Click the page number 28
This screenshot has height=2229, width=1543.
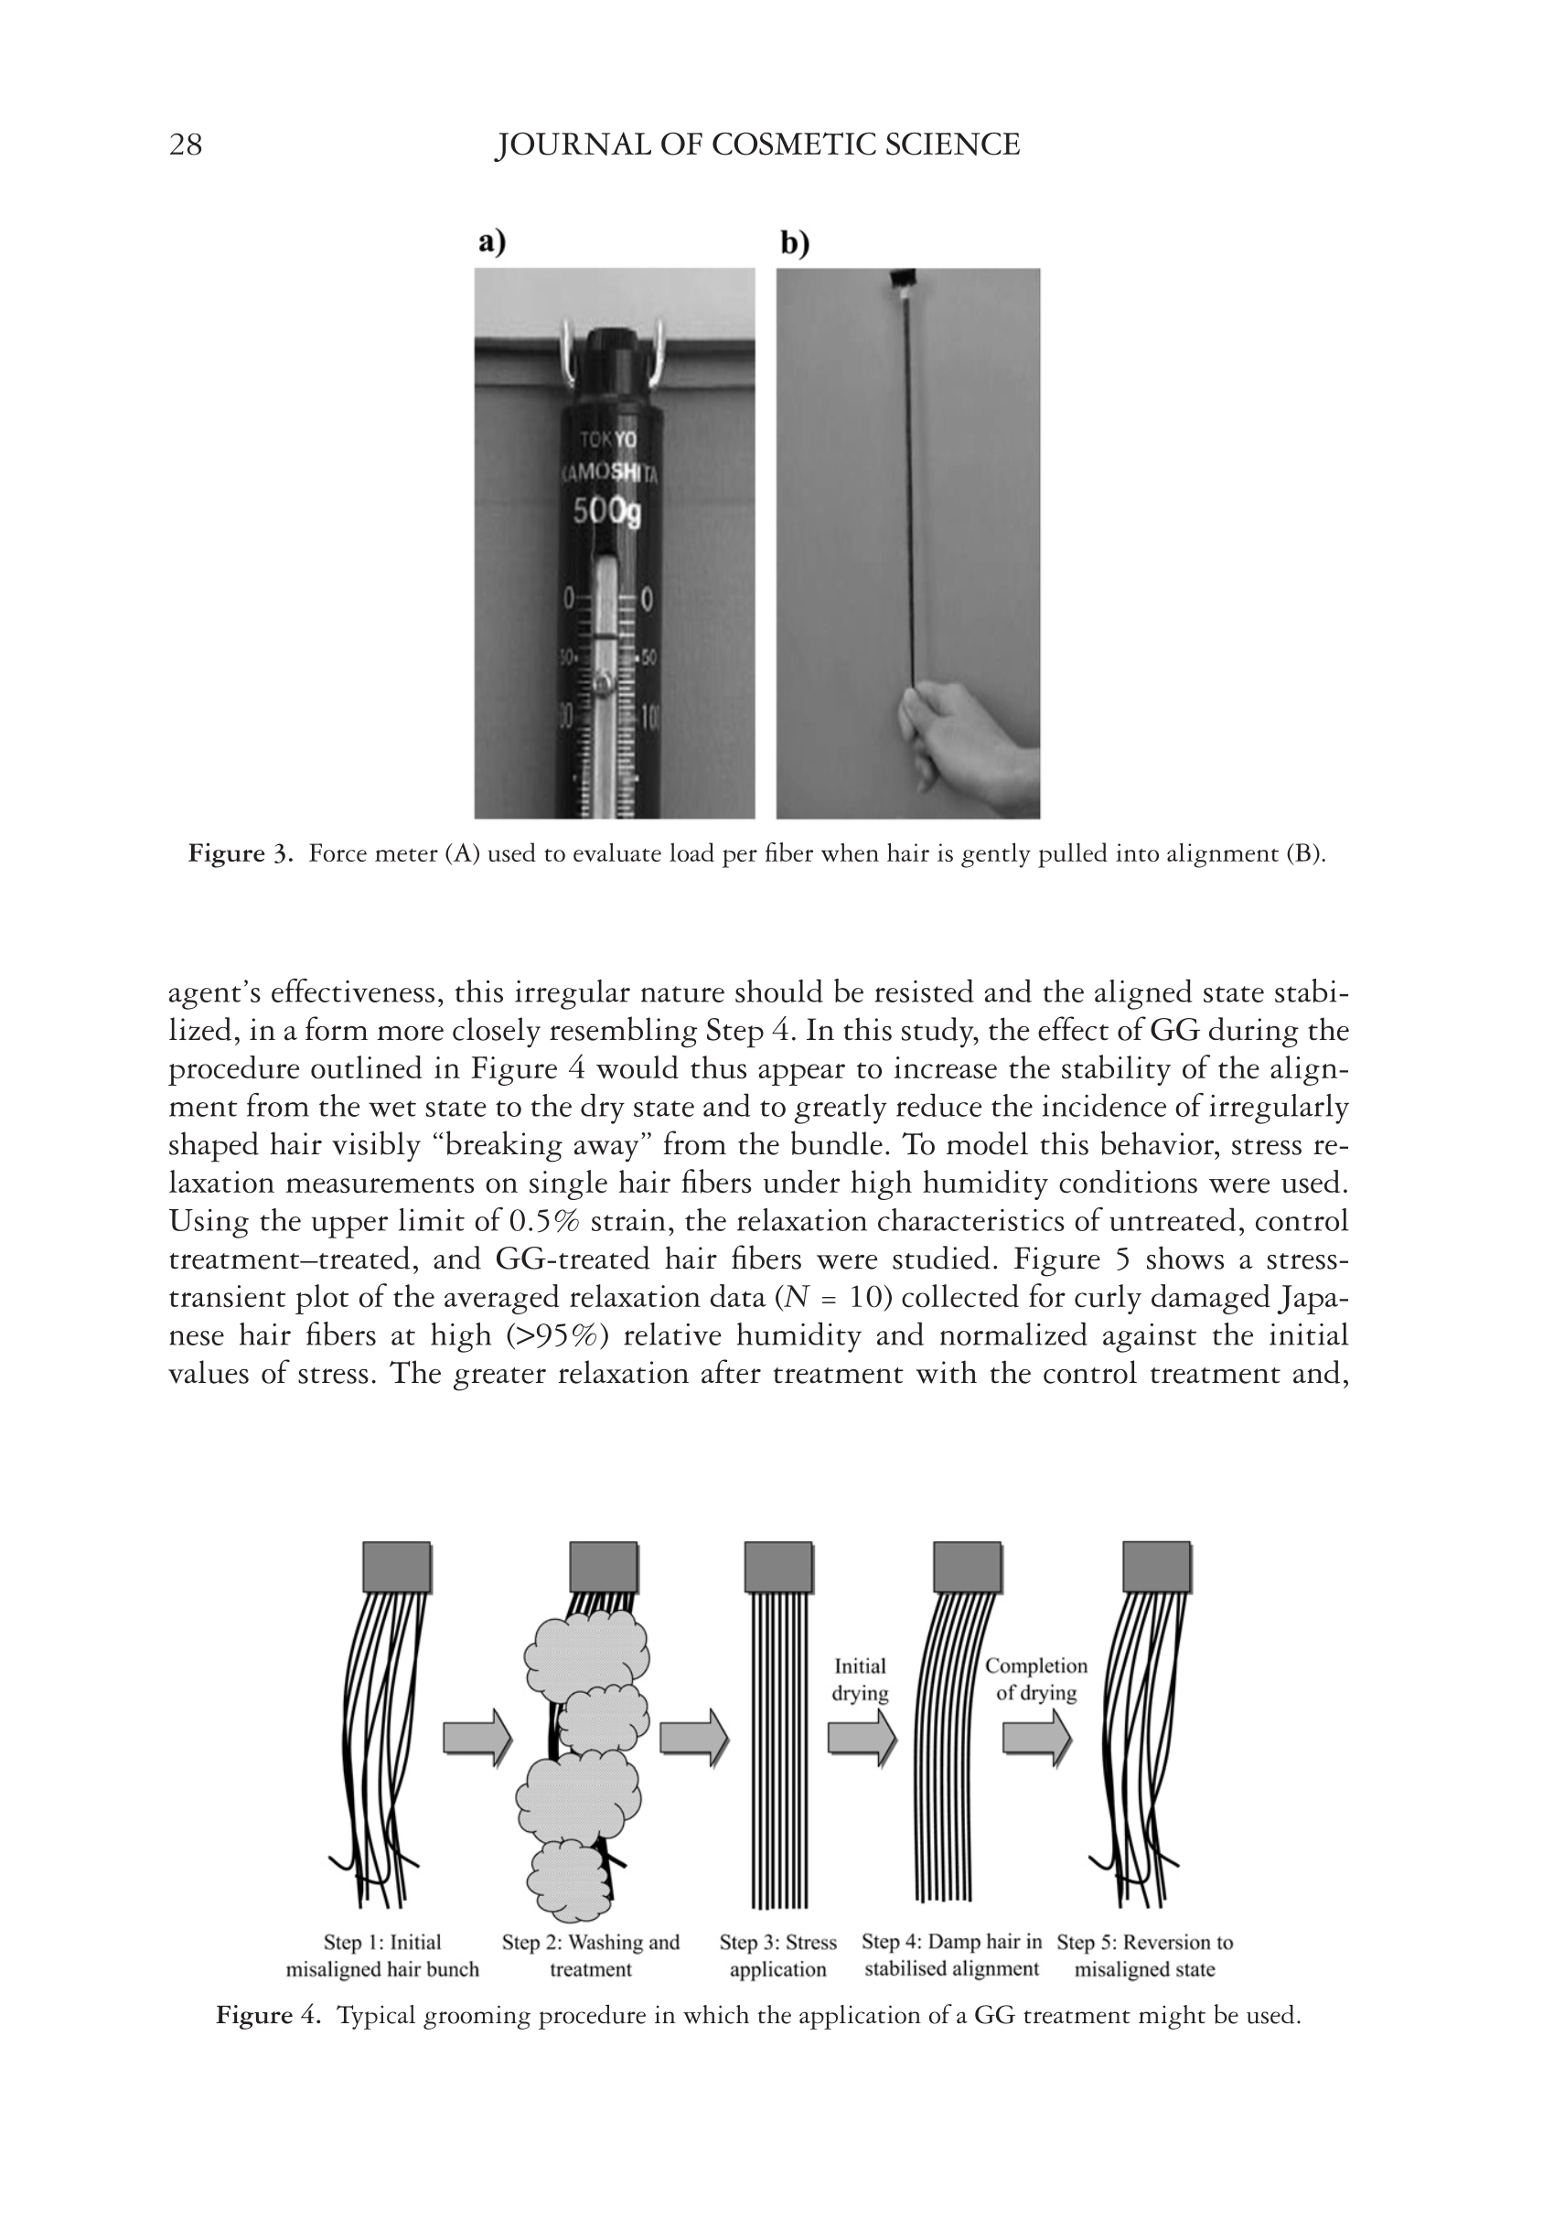pyautogui.click(x=186, y=145)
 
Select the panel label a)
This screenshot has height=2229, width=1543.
pyautogui.click(x=491, y=241)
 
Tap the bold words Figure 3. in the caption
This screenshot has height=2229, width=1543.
pyautogui.click(x=240, y=854)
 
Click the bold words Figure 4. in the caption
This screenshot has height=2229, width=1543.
pyautogui.click(x=268, y=2015)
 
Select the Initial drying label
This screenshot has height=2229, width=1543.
pyautogui.click(x=860, y=1679)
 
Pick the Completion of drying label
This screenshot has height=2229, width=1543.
pyautogui.click(x=1035, y=1679)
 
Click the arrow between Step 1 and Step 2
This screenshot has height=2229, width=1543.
pyautogui.click(x=477, y=1737)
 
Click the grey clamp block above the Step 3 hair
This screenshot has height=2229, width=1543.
pyautogui.click(x=778, y=1567)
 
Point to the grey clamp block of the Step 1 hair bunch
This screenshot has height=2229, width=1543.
pyautogui.click(x=396, y=1567)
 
